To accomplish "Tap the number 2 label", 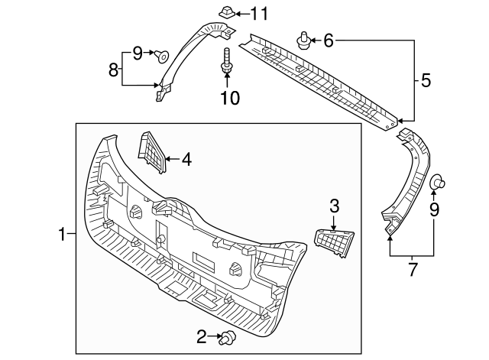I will (202, 336).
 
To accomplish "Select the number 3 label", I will (333, 205).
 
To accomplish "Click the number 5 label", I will (425, 79).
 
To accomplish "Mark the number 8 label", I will (113, 70).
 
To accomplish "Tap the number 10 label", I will (229, 98).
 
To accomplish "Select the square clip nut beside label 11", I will (225, 13).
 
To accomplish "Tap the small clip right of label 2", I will (227, 336).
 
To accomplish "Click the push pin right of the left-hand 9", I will (163, 54).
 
